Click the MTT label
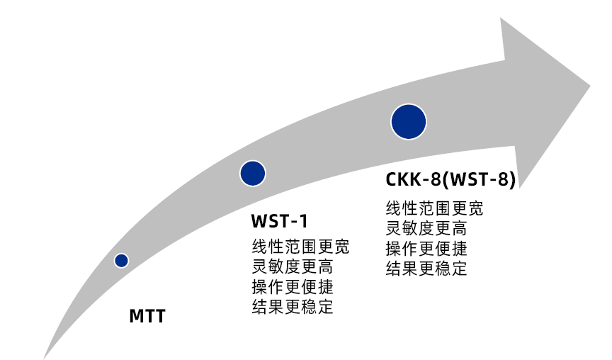click(x=147, y=316)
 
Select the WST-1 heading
click(x=280, y=222)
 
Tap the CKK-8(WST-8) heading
click(x=450, y=179)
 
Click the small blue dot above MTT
click(x=121, y=261)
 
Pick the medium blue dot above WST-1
click(x=252, y=173)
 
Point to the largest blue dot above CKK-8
click(x=409, y=121)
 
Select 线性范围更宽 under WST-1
click(x=300, y=247)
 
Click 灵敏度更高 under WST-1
click(x=293, y=267)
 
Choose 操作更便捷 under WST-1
click(x=293, y=287)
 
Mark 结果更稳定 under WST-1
click(x=293, y=307)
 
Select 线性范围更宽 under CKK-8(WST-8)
click(x=434, y=209)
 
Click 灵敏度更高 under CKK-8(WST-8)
click(x=426, y=229)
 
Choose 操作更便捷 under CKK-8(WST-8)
click(x=426, y=249)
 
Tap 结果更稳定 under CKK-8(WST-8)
click(x=426, y=269)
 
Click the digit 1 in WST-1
click(x=304, y=222)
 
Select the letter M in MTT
click(x=137, y=316)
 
